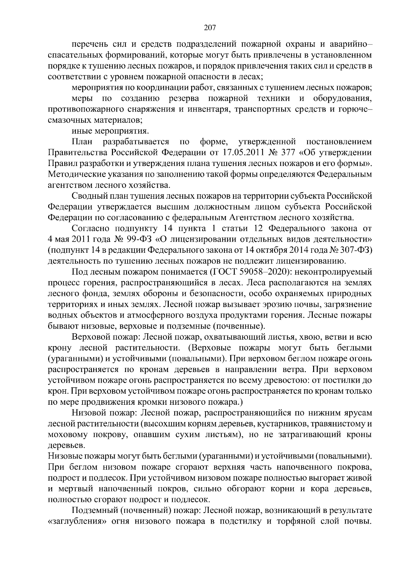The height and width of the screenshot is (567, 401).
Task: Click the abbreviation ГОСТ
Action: (225, 272)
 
